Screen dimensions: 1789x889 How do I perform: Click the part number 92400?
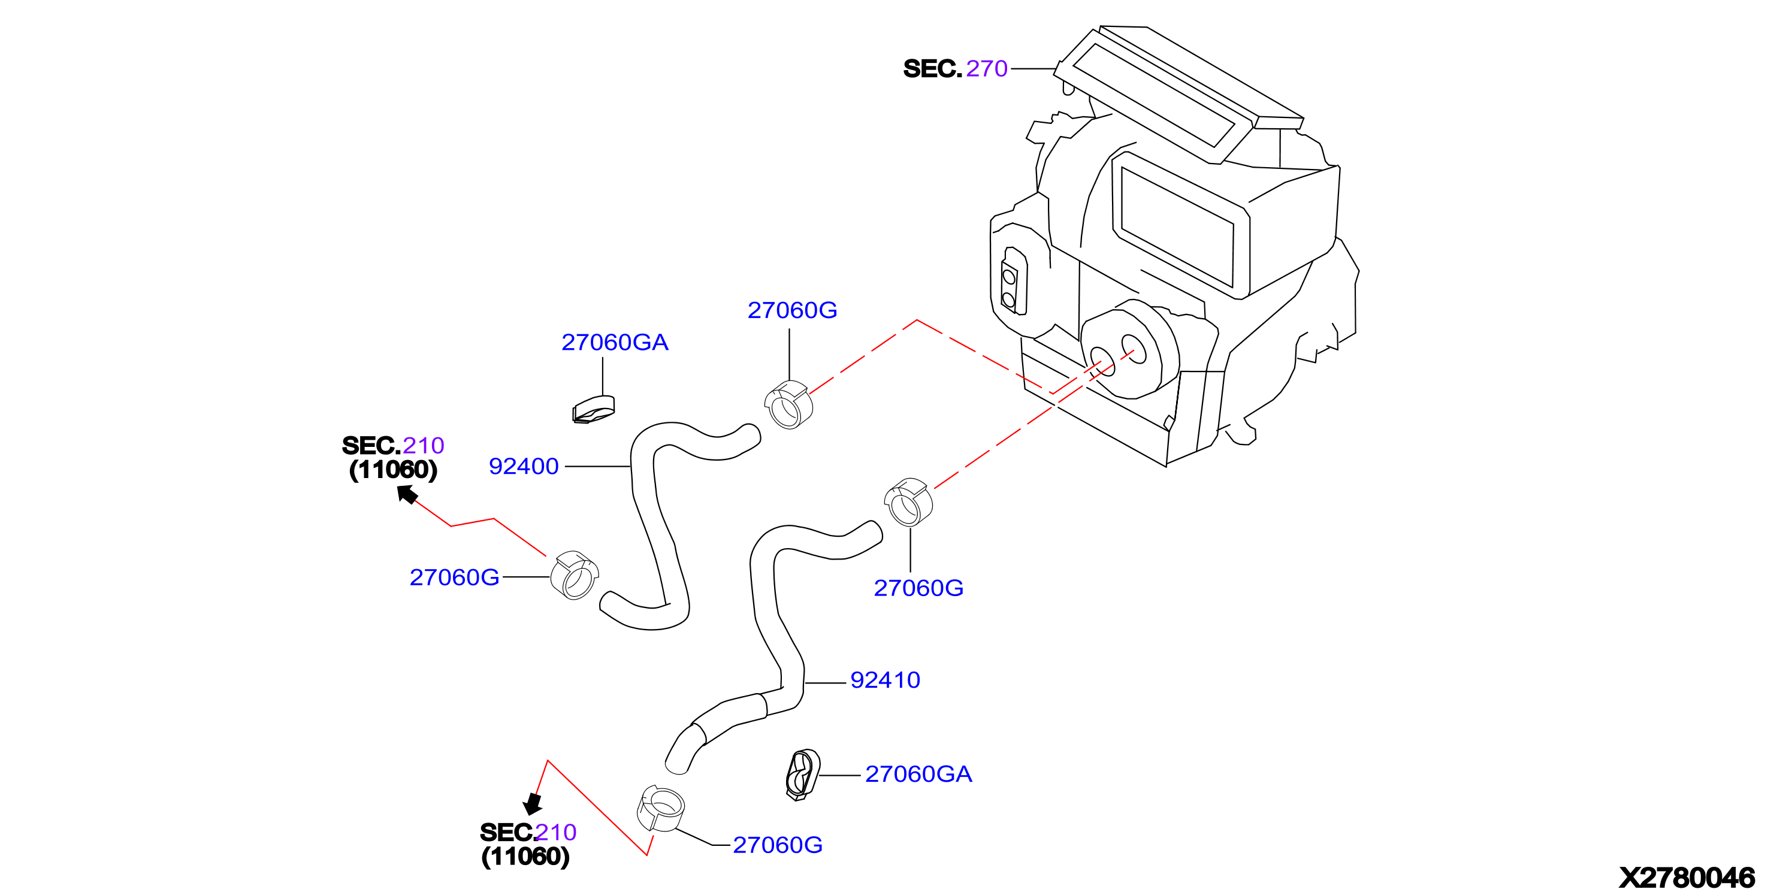click(524, 466)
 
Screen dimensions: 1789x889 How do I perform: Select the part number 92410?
click(886, 680)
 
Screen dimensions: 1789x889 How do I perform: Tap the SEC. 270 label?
click(955, 69)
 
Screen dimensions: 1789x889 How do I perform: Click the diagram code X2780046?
click(1687, 877)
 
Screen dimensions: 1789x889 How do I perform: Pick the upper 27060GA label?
click(615, 343)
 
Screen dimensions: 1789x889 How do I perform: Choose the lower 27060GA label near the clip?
click(918, 775)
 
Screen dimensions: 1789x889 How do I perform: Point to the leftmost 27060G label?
click(454, 577)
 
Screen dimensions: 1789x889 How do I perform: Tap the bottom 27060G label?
click(778, 845)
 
